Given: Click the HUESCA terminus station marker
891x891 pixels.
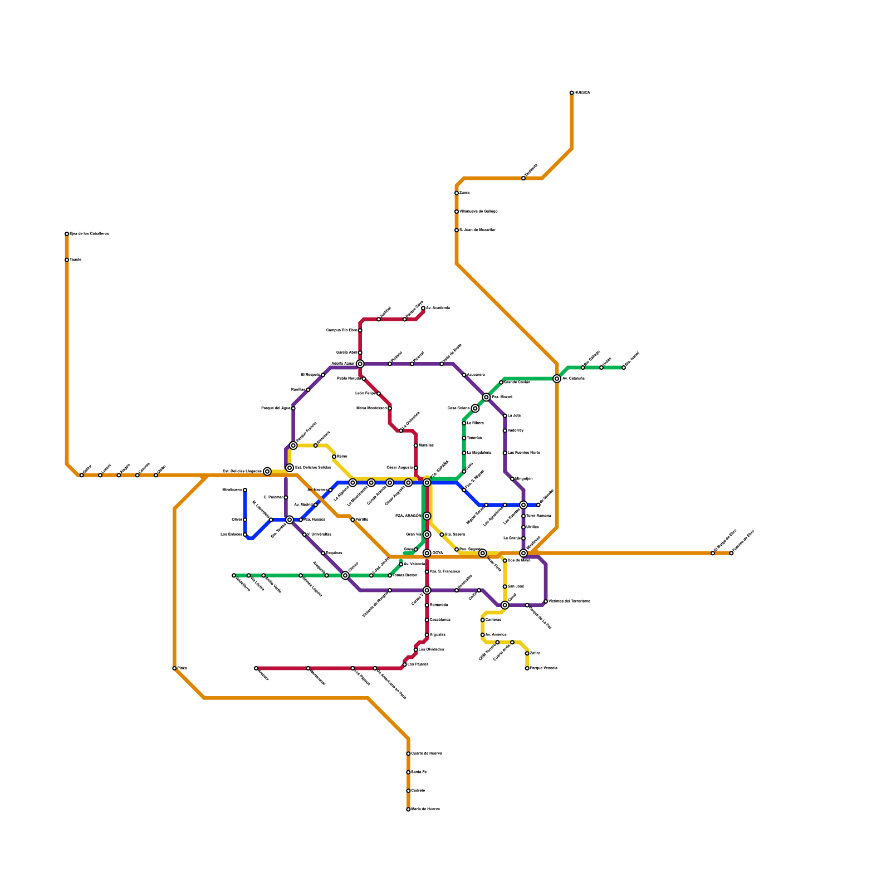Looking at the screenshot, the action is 571,93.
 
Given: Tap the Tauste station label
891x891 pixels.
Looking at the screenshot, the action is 76,260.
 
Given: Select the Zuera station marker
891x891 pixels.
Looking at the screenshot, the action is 457,193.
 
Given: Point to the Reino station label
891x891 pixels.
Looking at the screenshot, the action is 342,457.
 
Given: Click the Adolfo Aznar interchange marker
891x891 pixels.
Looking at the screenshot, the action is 360,364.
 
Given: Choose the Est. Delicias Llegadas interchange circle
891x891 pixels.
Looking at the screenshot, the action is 267,472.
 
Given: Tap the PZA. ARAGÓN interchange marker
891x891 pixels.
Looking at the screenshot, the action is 427,516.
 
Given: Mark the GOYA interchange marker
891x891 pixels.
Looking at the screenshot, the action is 427,554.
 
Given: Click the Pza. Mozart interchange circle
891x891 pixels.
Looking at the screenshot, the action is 486,398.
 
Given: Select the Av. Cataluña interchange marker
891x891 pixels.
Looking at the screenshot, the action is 557,379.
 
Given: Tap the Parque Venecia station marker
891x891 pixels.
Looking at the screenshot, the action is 527,668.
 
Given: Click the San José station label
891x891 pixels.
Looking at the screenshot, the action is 516,586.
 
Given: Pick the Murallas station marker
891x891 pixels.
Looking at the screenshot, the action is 415,445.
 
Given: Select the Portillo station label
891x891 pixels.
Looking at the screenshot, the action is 362,520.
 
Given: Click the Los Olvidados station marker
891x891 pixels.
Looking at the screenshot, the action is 415,650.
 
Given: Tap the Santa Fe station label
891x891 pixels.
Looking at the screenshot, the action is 419,772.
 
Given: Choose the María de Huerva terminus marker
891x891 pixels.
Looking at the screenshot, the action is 408,810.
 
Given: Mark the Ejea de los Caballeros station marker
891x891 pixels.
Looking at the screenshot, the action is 67,234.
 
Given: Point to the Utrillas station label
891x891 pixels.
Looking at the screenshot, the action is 532,527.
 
